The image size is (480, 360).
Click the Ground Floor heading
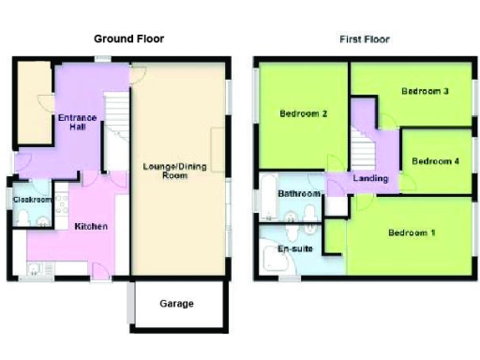(x=129, y=39)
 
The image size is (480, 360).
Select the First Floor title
(x=364, y=39)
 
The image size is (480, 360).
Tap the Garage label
(x=176, y=304)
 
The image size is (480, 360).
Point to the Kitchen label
(x=91, y=227)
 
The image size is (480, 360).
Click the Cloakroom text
(x=31, y=200)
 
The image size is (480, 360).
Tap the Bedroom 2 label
(x=303, y=114)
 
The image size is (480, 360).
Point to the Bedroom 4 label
(x=435, y=160)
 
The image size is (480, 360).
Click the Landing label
(x=370, y=178)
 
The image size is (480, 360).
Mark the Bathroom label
(x=298, y=194)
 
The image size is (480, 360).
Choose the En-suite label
(x=295, y=249)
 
